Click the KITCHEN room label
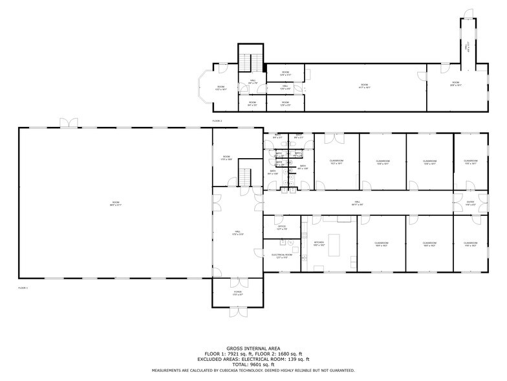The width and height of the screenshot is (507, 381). (319, 242)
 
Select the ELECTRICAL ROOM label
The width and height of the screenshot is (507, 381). (281, 255)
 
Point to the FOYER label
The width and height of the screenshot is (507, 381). (237, 292)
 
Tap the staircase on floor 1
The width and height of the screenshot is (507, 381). (245, 175)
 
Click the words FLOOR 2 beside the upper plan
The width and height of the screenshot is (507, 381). (217, 121)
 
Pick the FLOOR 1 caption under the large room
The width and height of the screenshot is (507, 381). (23, 287)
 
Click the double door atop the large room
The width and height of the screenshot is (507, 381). (67, 122)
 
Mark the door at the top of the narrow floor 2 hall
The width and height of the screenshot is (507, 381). (467, 14)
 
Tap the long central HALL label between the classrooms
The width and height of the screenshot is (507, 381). (358, 203)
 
